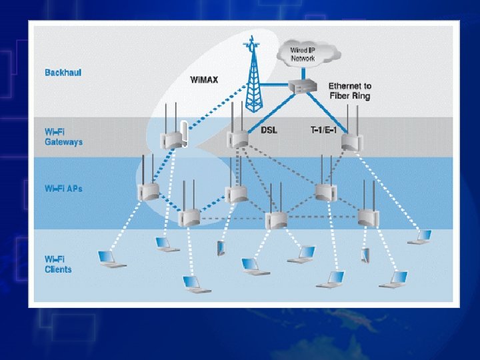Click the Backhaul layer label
(63, 72)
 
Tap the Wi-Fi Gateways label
(63, 137)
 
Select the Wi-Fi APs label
(63, 189)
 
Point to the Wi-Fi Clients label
(59, 264)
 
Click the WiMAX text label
(204, 80)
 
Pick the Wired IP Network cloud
(303, 53)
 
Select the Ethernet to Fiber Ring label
(350, 91)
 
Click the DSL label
(270, 129)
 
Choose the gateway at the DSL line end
(238, 139)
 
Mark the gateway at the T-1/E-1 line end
(350, 141)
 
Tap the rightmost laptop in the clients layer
(421, 237)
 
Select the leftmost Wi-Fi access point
(149, 191)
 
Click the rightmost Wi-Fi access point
(367, 216)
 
